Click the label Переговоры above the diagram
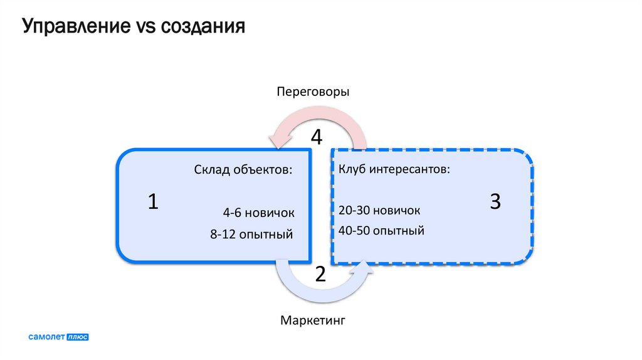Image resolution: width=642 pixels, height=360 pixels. click(x=313, y=92)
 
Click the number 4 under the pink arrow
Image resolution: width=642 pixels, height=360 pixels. click(x=317, y=137)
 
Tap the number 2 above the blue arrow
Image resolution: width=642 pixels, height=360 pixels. click(x=320, y=273)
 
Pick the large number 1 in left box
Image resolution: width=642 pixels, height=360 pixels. click(x=153, y=202)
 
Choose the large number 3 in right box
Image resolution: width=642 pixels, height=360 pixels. click(x=495, y=202)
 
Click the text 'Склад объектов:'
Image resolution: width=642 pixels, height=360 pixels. click(x=243, y=170)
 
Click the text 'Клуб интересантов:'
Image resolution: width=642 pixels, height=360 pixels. click(x=394, y=170)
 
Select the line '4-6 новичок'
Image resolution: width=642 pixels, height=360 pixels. click(x=258, y=212)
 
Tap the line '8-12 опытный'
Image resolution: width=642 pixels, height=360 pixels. click(x=252, y=235)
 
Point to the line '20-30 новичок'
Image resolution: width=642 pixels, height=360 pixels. click(x=379, y=210)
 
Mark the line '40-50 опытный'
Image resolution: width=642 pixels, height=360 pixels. click(x=381, y=231)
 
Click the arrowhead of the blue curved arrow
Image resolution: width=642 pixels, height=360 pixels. click(x=365, y=268)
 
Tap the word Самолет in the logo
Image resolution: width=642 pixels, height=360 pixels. click(x=47, y=337)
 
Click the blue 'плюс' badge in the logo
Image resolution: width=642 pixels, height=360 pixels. click(x=78, y=337)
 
